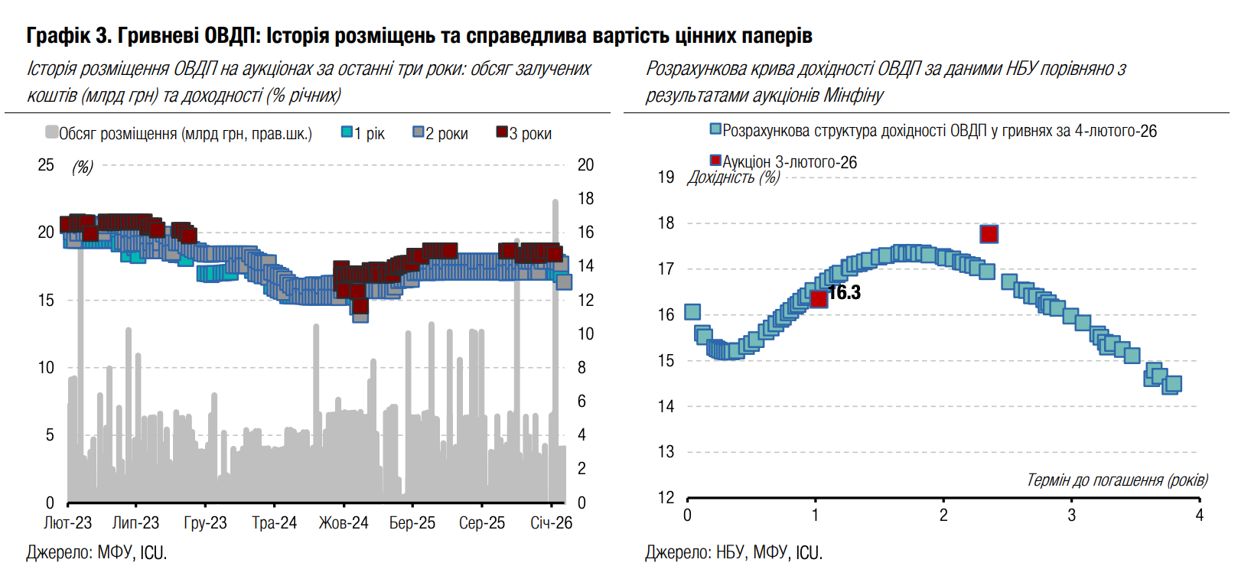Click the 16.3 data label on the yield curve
tap(845, 293)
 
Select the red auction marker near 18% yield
tap(989, 233)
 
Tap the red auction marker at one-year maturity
tap(818, 298)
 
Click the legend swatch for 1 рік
tap(347, 132)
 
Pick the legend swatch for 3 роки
tap(502, 132)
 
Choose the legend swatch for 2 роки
tap(418, 132)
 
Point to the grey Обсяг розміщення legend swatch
tap(51, 132)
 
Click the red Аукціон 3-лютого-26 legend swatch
tap(715, 161)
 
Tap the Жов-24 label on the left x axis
tap(343, 523)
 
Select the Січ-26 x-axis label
tap(551, 523)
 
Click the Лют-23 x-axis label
tap(67, 523)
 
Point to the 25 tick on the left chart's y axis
tap(46, 165)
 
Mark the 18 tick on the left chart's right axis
tap(585, 199)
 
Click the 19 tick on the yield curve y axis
tap(666, 177)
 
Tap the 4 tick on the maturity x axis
tap(1199, 516)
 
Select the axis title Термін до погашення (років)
tap(1116, 480)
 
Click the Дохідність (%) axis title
tap(733, 178)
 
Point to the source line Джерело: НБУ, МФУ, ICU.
tap(733, 552)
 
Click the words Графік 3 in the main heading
tap(69, 35)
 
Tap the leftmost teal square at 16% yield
tap(692, 311)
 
